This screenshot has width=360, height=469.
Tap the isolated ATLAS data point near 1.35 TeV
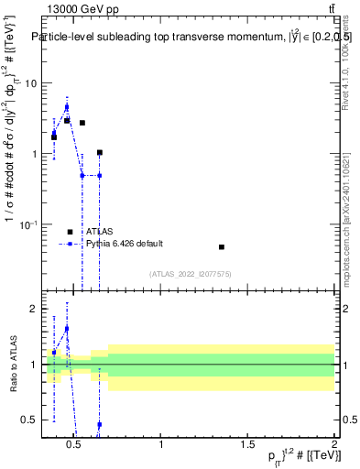click(x=222, y=247)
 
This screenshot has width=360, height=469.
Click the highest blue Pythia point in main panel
click(x=66, y=106)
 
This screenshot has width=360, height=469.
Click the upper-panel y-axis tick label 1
click(x=34, y=154)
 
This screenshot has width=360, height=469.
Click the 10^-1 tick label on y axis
click(x=28, y=224)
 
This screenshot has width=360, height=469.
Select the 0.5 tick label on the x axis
click(x=76, y=446)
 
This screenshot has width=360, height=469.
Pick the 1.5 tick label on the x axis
click(x=247, y=446)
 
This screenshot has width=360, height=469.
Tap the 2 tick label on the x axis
click(x=333, y=446)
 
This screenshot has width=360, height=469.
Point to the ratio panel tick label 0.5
click(x=30, y=420)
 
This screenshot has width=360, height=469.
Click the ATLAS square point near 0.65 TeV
click(x=99, y=152)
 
